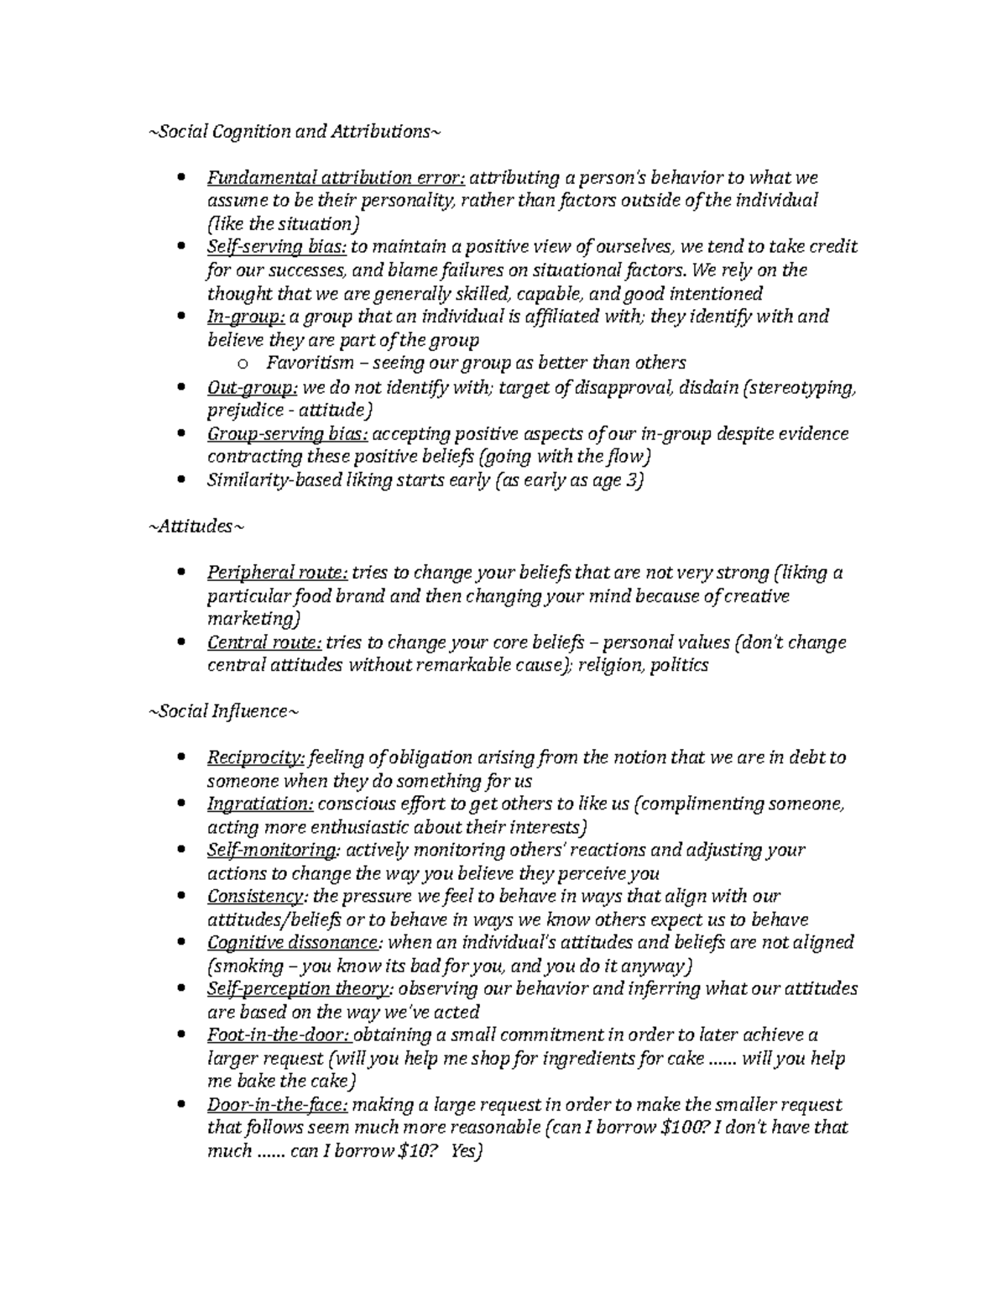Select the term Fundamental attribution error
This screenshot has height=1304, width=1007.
[x=336, y=178]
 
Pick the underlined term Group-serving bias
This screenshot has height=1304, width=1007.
[x=286, y=434]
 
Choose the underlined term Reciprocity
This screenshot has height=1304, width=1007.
[x=256, y=757]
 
